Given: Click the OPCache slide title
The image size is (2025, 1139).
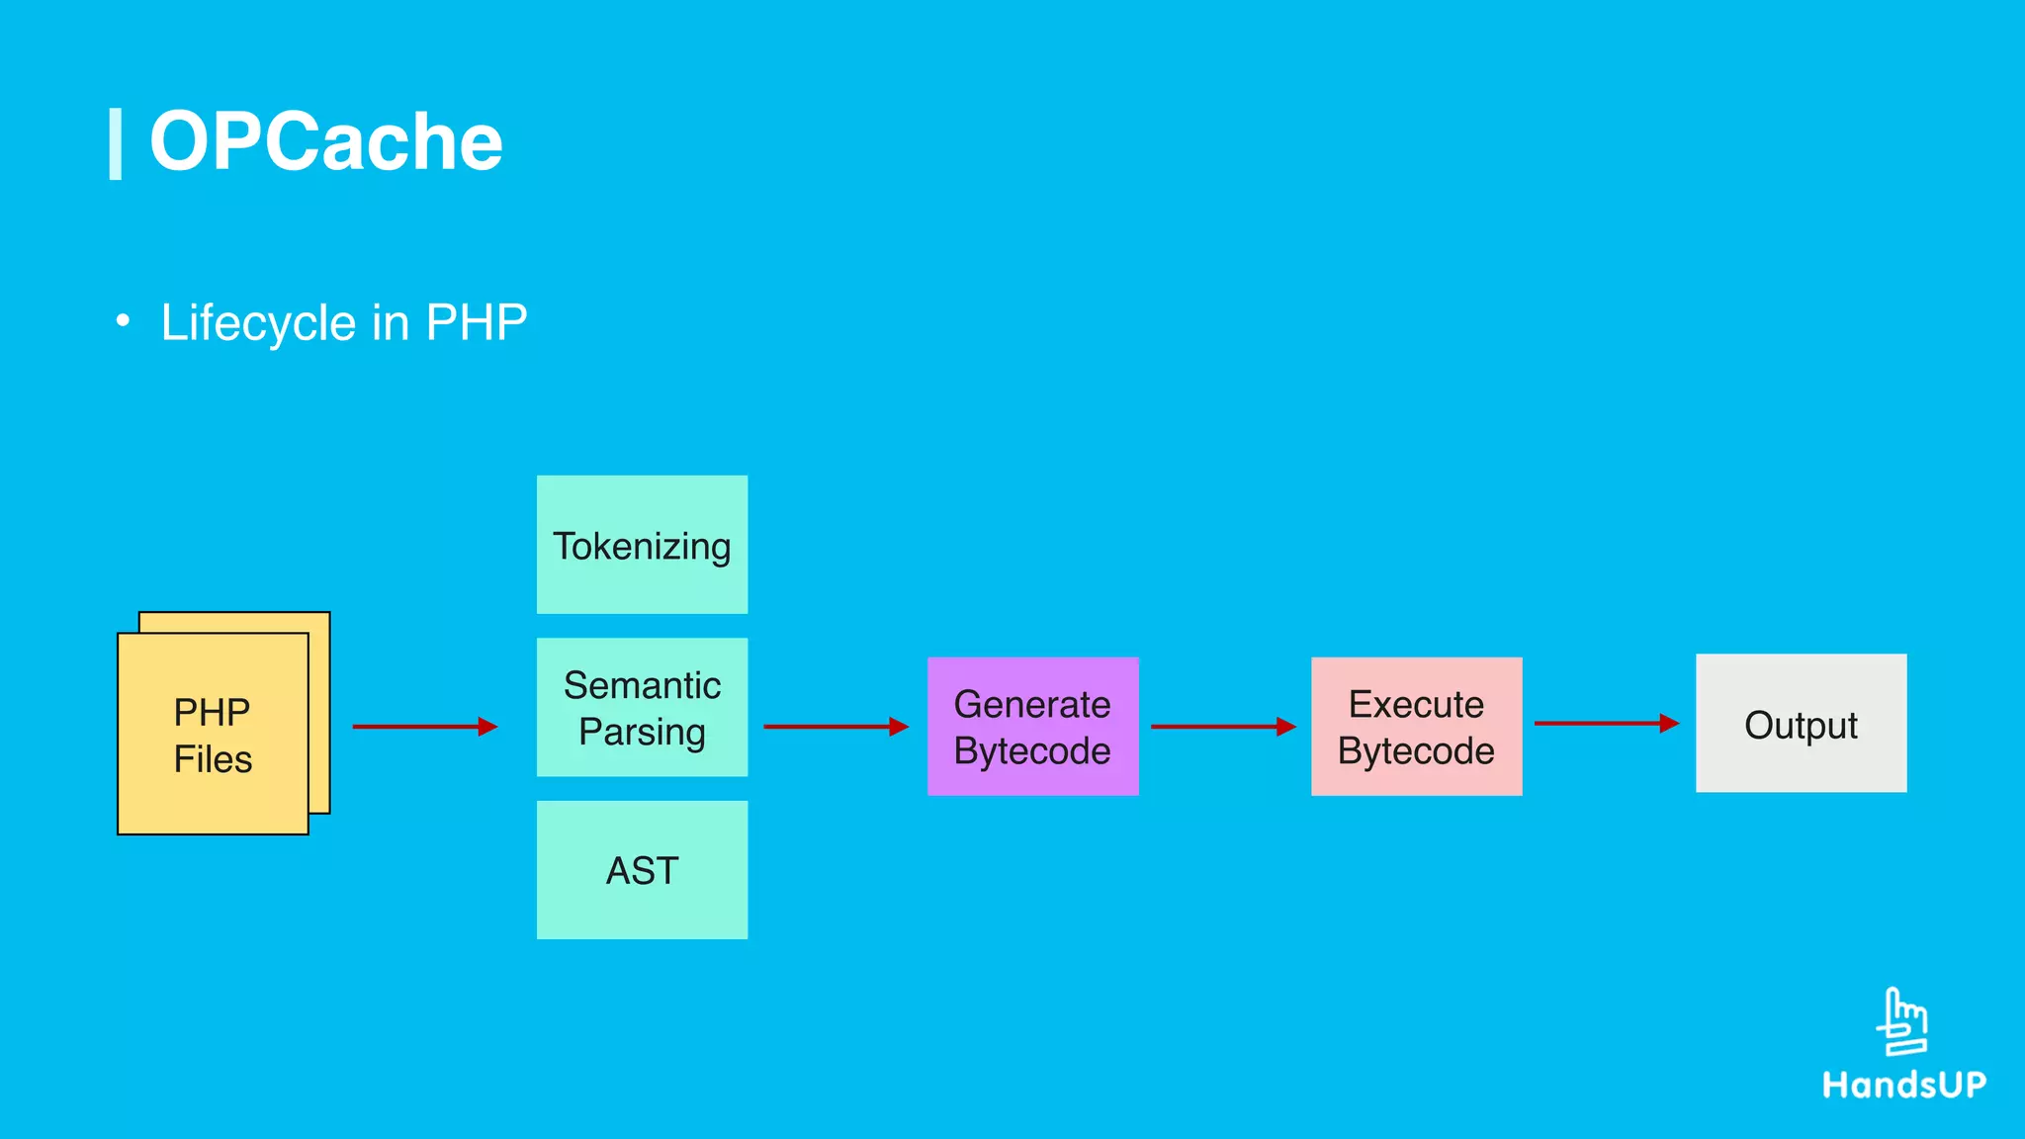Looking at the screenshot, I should click(325, 141).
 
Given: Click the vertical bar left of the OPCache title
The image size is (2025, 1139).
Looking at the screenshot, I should click(115, 144).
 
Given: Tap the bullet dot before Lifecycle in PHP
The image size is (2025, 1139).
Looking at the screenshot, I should click(123, 320).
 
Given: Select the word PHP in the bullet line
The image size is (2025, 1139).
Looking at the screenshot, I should click(476, 322).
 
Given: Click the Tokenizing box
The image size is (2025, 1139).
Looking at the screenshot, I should click(642, 545).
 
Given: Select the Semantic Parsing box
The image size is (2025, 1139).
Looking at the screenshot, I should click(642, 707).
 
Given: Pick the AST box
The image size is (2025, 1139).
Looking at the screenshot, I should click(642, 870).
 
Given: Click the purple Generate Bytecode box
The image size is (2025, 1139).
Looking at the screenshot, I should click(1032, 727).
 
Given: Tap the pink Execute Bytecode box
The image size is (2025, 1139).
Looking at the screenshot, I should click(1416, 727).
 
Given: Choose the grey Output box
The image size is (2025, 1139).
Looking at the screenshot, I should click(1801, 723).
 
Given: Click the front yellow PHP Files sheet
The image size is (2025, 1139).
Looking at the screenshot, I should click(213, 734).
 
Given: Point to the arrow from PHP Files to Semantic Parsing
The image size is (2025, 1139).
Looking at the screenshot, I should click(424, 727).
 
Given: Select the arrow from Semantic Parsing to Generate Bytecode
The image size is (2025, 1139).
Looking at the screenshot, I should click(836, 727).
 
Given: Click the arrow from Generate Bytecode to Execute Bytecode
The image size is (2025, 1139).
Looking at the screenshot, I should click(1223, 727).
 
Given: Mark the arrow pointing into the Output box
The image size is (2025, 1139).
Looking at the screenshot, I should click(1607, 724).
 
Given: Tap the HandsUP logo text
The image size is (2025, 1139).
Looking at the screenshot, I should click(1904, 1085).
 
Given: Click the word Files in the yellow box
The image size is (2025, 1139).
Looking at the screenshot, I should click(213, 759).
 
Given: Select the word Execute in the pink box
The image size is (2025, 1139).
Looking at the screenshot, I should click(1416, 704).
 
